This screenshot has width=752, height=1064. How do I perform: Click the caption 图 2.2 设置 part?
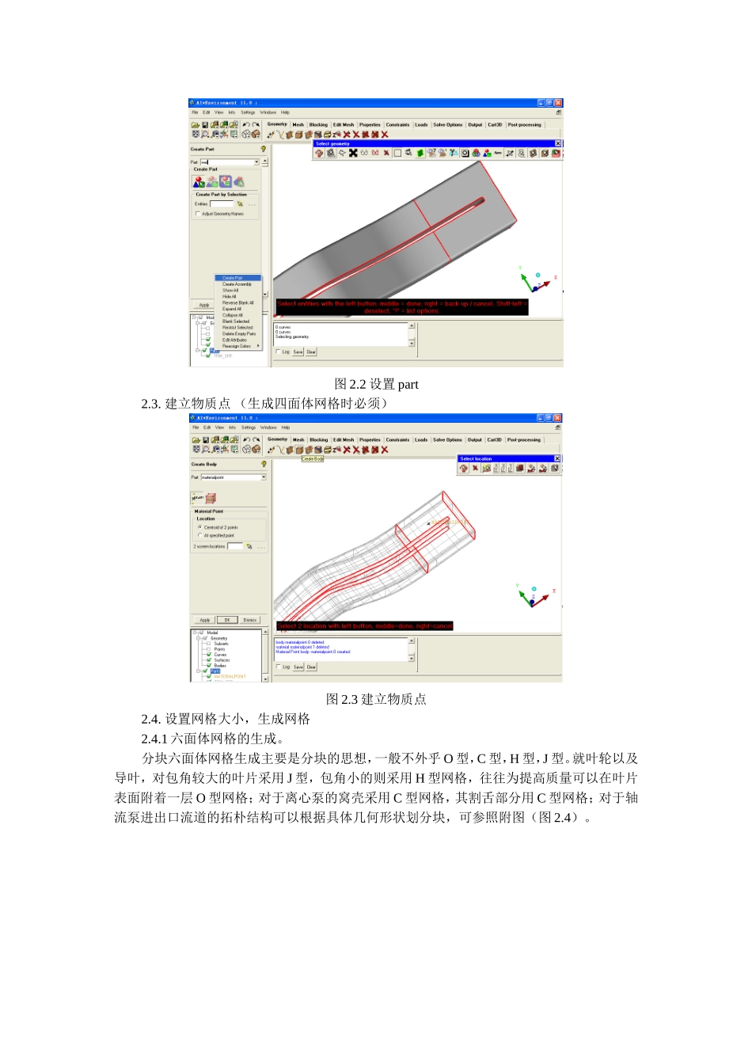coord(376,384)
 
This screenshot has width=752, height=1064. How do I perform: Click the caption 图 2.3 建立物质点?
coord(376,699)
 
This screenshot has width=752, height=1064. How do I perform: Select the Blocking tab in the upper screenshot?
coord(318,124)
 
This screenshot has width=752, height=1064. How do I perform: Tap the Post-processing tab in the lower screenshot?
coord(524,439)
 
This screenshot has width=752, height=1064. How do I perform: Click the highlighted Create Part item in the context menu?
coord(233,278)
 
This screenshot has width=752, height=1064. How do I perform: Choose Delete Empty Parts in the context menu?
coord(239,333)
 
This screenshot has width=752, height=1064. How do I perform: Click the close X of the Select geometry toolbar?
coord(557,143)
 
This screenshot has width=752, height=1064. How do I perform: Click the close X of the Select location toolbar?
coord(556,458)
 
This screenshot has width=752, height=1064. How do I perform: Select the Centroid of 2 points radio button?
coord(199,526)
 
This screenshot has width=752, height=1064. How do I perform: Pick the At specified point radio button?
coord(199,535)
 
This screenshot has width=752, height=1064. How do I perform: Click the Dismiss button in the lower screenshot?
coord(249,620)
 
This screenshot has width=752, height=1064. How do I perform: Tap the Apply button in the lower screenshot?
coord(205,620)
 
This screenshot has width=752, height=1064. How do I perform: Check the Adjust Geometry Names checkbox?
coord(198,214)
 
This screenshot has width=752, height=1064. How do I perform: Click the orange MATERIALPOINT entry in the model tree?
coord(230,676)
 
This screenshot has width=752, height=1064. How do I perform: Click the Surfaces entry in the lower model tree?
coord(222,660)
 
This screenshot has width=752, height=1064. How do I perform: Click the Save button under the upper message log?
coord(298,351)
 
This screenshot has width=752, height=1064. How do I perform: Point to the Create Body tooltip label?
coord(313,458)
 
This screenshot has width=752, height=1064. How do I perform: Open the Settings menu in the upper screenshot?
coord(248,112)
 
